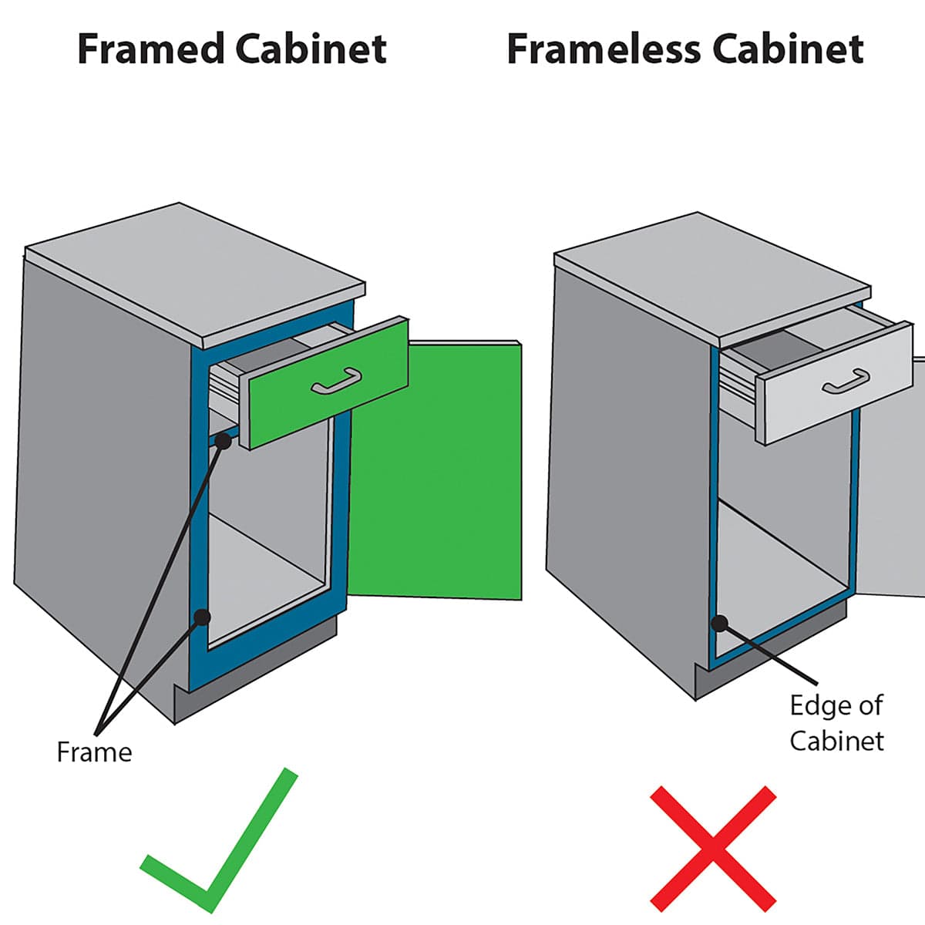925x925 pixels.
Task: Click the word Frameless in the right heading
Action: pyautogui.click(x=603, y=50)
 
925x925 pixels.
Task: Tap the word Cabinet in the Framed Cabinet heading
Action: pyautogui.click(x=311, y=49)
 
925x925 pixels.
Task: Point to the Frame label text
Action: pyautogui.click(x=94, y=752)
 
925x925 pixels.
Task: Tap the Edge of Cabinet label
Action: pyautogui.click(x=836, y=723)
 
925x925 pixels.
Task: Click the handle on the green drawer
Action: pyautogui.click(x=337, y=381)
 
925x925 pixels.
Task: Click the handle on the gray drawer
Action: pyautogui.click(x=846, y=382)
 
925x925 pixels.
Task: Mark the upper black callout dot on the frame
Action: pyautogui.click(x=224, y=441)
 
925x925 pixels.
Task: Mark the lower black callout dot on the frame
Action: pyautogui.click(x=202, y=617)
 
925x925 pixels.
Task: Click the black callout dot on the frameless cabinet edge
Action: pyautogui.click(x=719, y=623)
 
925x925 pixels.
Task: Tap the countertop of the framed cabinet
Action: pyautogui.click(x=193, y=270)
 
